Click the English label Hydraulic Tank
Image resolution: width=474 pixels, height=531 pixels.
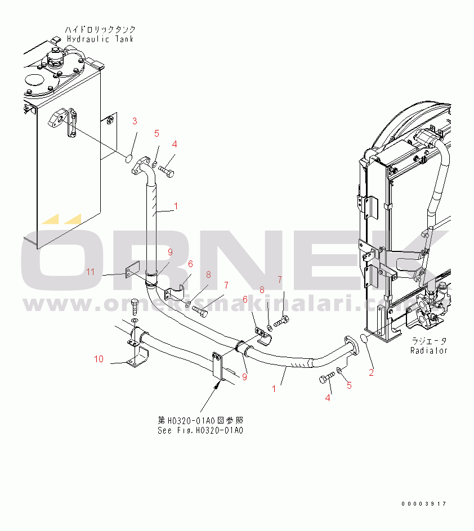[x=100, y=38]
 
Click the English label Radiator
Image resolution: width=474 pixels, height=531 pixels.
[x=428, y=350]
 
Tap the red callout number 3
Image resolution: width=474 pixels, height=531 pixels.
[x=135, y=121]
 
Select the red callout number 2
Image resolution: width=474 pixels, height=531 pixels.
[x=371, y=372]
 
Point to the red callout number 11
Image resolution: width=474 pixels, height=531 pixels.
[x=91, y=272]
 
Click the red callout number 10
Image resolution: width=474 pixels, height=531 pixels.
[x=99, y=359]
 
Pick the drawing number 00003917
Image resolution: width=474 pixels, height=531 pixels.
[x=424, y=503]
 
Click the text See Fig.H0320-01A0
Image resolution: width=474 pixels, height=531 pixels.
[x=200, y=430]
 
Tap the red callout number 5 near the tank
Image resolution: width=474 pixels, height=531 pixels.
[x=157, y=134]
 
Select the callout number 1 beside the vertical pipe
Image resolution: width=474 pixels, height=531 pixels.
[x=176, y=206]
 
